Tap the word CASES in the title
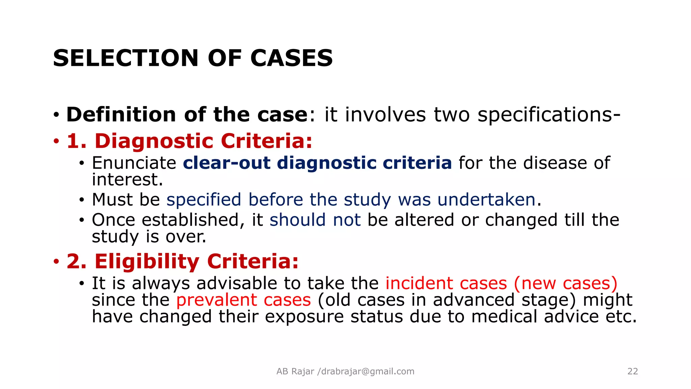click(292, 58)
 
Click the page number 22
click(632, 371)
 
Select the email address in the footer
click(367, 371)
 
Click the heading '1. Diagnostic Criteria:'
click(189, 141)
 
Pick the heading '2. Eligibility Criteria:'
click(183, 261)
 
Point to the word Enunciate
click(134, 163)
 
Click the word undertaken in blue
click(487, 200)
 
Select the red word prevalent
click(216, 300)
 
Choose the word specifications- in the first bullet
click(549, 114)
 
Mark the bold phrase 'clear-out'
click(227, 163)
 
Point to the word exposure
click(304, 317)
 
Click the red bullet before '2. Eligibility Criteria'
click(56, 261)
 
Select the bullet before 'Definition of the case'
click(56, 115)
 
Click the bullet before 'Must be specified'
click(81, 200)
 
